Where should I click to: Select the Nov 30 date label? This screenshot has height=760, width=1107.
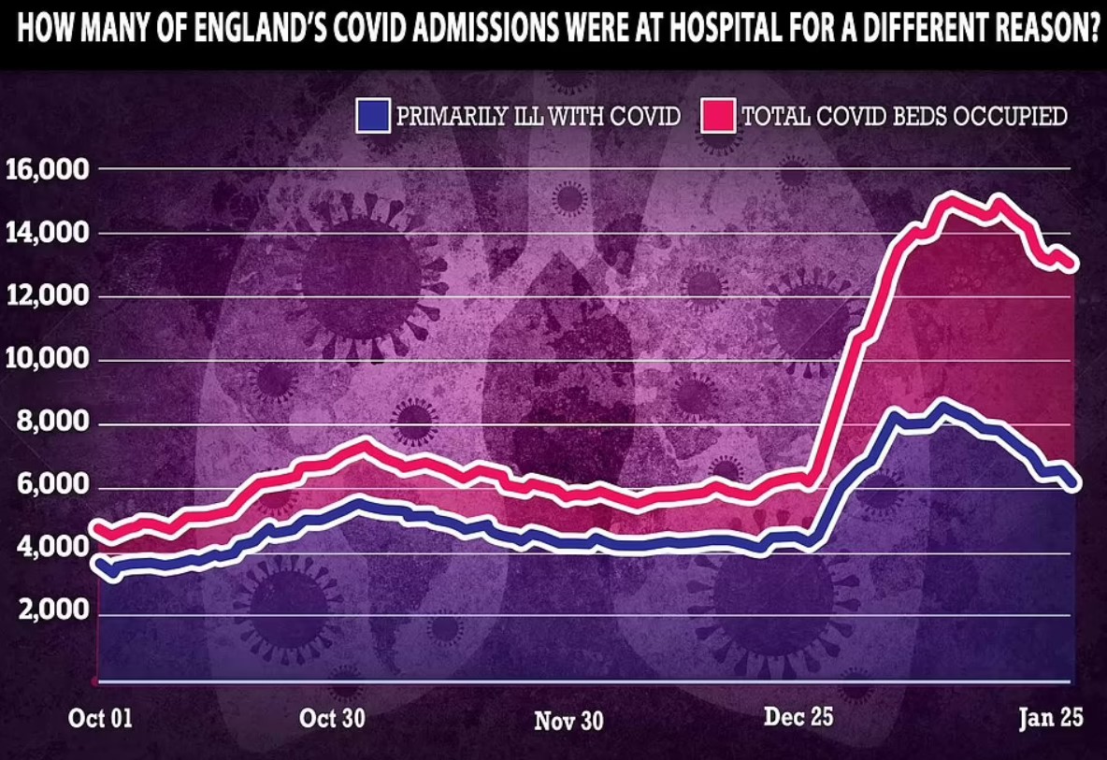[x=568, y=721]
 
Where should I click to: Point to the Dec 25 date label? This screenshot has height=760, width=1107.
[x=798, y=718]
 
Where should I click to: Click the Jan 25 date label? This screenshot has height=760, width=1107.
[x=1050, y=718]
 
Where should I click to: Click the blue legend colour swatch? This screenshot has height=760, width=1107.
[x=371, y=116]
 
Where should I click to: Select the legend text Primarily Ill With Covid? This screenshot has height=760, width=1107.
[x=538, y=117]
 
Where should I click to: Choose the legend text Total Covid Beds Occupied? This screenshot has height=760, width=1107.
[x=904, y=117]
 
